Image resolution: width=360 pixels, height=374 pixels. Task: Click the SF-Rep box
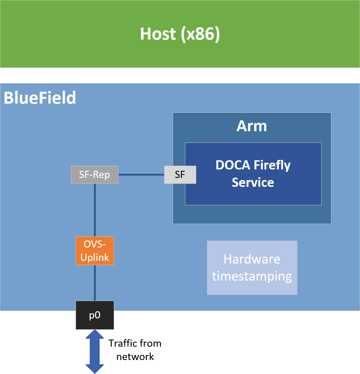95,175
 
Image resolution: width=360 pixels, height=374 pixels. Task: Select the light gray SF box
180,175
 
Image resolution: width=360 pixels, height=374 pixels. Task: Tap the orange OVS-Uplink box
95,251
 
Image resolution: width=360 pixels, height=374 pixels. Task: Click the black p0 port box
95,315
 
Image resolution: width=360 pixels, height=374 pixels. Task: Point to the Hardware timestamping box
252,268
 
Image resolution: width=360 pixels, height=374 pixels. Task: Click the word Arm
252,126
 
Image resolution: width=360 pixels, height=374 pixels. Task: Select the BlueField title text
40,98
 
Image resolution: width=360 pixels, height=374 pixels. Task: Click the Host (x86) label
180,34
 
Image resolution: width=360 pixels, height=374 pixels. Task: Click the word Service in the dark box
253,182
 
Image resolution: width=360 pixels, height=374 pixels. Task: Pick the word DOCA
233,165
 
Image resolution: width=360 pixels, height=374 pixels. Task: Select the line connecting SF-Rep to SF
141,175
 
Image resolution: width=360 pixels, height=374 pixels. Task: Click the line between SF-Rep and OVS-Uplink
95,210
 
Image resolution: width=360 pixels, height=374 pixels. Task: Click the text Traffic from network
135,350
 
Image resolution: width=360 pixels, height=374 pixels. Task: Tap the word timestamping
252,276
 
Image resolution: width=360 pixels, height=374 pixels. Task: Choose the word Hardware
252,259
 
